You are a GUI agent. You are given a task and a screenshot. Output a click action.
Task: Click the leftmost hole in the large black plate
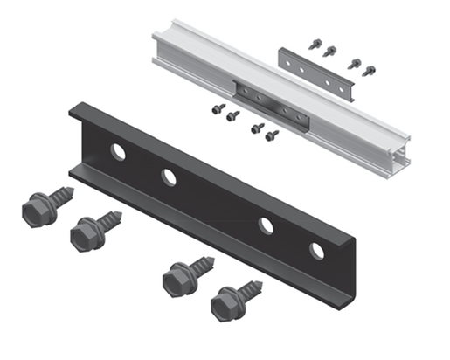tap(118, 152)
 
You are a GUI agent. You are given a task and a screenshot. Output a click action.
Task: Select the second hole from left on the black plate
tap(169, 177)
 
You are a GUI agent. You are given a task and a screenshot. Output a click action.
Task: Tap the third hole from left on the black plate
tap(266, 225)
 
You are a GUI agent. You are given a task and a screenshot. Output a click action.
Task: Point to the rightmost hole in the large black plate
tap(316, 251)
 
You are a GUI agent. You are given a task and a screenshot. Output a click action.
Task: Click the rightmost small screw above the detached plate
tap(369, 69)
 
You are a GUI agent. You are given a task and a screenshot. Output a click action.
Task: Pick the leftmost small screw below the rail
tap(218, 109)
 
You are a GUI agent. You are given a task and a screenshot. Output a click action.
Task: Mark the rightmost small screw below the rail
tap(272, 135)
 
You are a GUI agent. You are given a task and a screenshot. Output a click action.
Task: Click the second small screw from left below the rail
tap(232, 114)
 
